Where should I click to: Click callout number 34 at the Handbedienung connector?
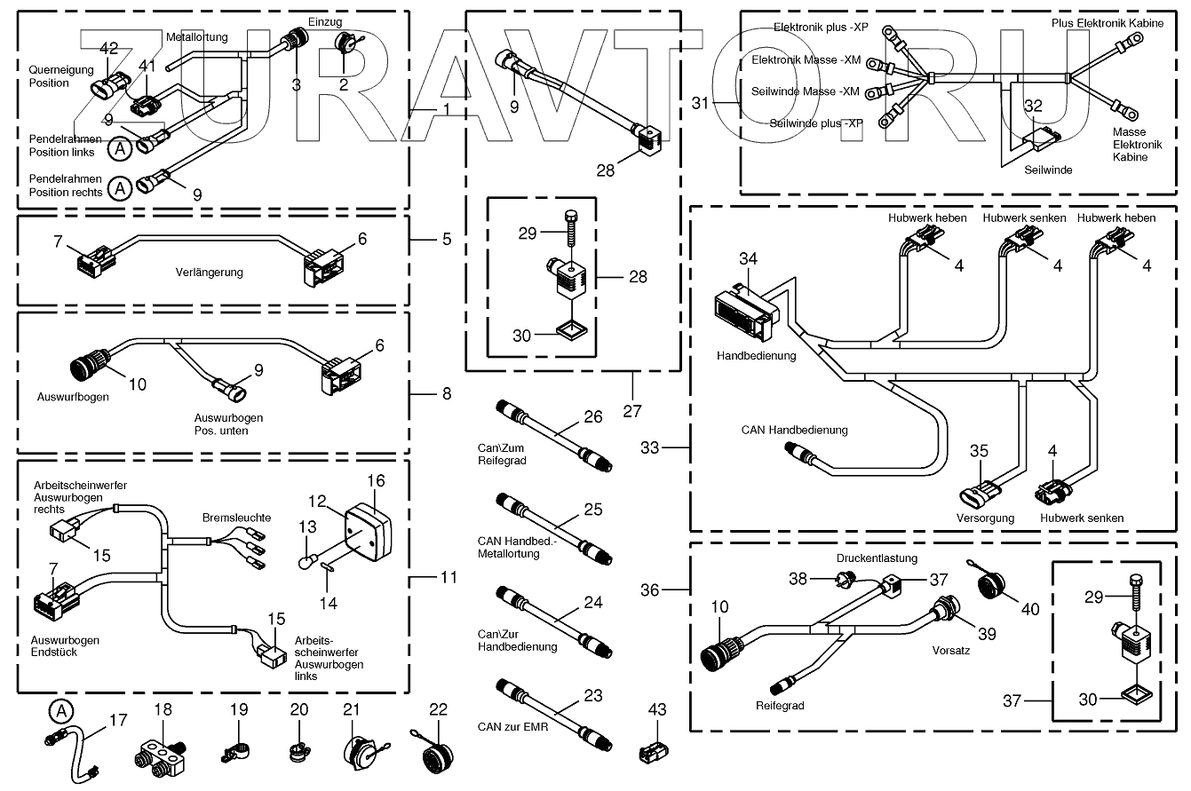click(x=749, y=259)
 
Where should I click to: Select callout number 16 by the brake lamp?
click(x=376, y=481)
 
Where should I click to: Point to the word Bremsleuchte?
click(x=236, y=517)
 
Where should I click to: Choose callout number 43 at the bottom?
click(x=655, y=710)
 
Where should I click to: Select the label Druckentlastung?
click(x=877, y=558)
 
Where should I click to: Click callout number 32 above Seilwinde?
click(x=1033, y=106)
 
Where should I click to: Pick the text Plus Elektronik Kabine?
click(x=1107, y=23)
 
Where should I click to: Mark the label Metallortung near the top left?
click(x=197, y=37)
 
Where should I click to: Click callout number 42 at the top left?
click(x=109, y=48)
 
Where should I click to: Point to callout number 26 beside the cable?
click(x=592, y=416)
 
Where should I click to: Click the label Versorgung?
click(x=985, y=518)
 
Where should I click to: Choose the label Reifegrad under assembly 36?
click(x=781, y=707)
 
